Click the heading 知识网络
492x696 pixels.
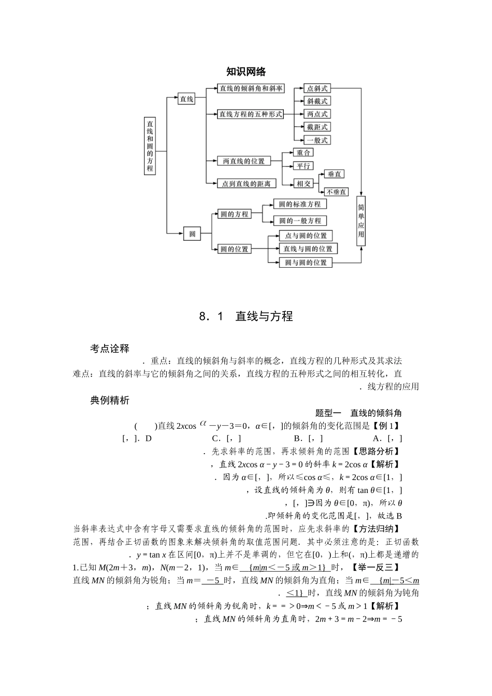246,72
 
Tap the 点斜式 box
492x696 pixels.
317,89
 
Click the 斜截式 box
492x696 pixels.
317,102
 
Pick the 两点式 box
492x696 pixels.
317,114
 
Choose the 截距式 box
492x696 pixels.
317,127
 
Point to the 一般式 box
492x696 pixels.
317,140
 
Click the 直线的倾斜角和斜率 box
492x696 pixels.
251,89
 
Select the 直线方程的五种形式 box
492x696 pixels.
251,114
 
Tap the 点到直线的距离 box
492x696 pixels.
247,183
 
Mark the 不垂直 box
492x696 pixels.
337,192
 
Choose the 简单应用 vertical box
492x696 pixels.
361,220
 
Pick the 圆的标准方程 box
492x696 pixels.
300,205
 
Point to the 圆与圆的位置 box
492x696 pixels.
306,263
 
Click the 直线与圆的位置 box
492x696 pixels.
308,249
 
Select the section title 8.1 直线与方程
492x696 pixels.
246,316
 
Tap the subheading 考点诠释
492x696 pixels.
109,349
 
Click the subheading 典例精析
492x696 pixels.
109,400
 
